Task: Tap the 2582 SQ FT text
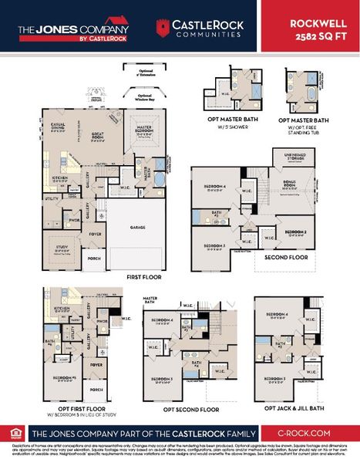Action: pyautogui.click(x=318, y=35)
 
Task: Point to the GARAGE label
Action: pyautogui.click(x=138, y=228)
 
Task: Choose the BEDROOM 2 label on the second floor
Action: pyautogui.click(x=296, y=231)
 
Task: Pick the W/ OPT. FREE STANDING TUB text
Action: pyautogui.click(x=311, y=127)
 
